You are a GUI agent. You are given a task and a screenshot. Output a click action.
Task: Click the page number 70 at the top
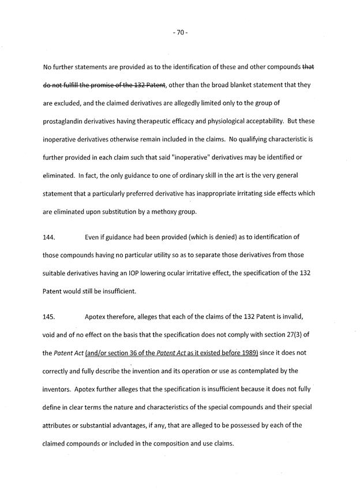tap(180, 33)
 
